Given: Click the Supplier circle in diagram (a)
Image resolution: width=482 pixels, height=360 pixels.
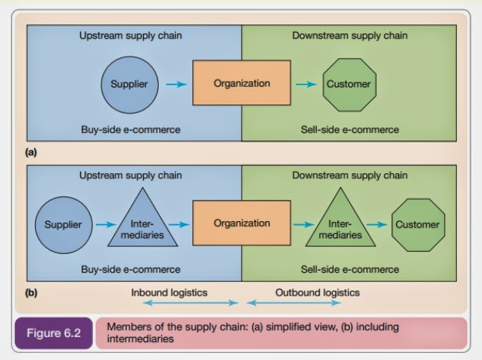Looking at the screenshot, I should (x=129, y=84).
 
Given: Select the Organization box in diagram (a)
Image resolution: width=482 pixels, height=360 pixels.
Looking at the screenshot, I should (x=242, y=84).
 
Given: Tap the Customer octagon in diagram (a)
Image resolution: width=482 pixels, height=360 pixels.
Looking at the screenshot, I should (x=349, y=84).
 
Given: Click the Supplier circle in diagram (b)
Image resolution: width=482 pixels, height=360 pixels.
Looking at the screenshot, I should (x=63, y=224).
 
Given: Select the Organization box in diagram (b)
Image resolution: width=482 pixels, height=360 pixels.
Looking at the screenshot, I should (x=242, y=223).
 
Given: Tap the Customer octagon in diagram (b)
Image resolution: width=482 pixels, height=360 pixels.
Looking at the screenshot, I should (x=418, y=224).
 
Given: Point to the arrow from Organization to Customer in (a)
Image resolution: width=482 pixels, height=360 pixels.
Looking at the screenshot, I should (x=305, y=84).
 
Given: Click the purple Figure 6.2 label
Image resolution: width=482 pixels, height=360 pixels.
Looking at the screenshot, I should (x=54, y=334).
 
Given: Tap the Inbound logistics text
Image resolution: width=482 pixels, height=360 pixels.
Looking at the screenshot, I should (x=169, y=293).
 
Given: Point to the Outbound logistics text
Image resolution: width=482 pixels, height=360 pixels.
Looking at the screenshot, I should (x=318, y=293).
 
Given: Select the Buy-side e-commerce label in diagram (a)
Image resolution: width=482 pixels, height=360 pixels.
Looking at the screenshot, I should (x=129, y=130).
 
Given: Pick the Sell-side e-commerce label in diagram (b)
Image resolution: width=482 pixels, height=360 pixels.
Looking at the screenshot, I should (x=350, y=270).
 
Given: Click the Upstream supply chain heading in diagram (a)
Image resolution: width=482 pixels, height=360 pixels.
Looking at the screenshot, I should (x=129, y=35).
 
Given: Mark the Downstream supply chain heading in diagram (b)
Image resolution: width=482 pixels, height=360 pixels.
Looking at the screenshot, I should (x=350, y=175).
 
